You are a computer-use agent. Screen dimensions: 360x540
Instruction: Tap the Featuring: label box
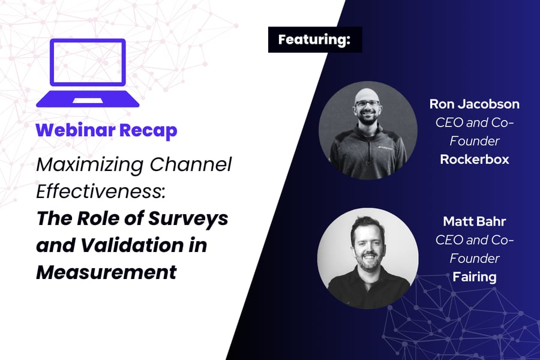point(314,40)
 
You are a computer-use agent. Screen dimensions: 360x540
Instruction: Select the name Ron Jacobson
point(474,104)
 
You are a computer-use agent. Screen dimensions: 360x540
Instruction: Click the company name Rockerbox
point(474,160)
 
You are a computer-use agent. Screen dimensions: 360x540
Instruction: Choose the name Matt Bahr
point(474,221)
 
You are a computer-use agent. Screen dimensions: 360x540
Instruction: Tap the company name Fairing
point(474,277)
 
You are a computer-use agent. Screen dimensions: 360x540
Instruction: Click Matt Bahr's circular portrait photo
point(367,258)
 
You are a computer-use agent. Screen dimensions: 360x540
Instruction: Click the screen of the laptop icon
point(88,62)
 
